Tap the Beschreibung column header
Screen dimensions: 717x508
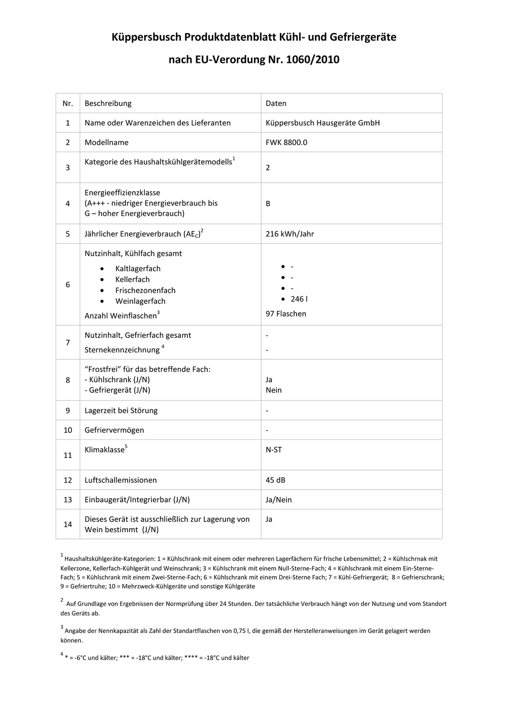[x=108, y=103]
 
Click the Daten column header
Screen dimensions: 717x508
[x=276, y=103]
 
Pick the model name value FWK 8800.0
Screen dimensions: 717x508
[x=286, y=142]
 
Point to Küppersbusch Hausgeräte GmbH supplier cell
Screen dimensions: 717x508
[x=323, y=123]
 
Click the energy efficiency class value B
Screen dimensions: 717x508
[x=268, y=203]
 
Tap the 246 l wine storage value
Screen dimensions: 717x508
[x=299, y=299]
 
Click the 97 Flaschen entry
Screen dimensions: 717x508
[x=285, y=314]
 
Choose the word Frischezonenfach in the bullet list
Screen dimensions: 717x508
[x=145, y=290]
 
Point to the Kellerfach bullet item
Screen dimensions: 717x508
[x=132, y=280]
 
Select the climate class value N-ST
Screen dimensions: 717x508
[x=273, y=450]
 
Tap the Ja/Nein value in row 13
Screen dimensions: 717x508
[x=278, y=500]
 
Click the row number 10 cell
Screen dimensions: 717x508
[x=68, y=430]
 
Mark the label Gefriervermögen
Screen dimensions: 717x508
[x=114, y=430]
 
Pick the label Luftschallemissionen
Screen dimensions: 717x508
[x=120, y=480]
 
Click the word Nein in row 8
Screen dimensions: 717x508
[x=273, y=390]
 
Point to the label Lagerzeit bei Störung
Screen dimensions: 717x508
[x=121, y=411]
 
